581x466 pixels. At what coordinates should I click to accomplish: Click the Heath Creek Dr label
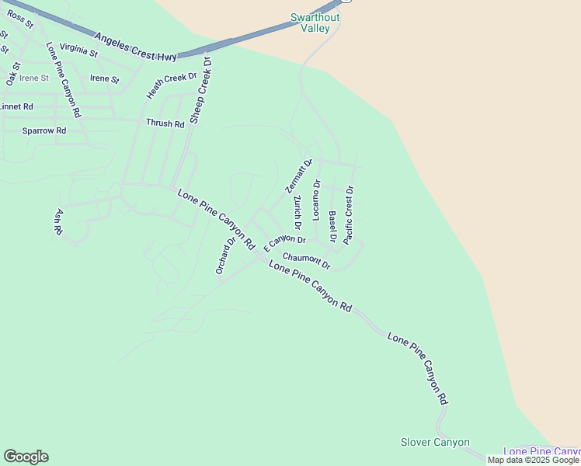(172, 85)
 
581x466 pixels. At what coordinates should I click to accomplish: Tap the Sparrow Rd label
(43, 130)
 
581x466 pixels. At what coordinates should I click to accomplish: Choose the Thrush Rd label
(165, 123)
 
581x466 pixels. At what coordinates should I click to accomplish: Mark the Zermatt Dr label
(298, 176)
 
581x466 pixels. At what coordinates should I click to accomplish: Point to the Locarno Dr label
(316, 198)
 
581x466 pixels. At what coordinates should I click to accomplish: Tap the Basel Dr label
(332, 227)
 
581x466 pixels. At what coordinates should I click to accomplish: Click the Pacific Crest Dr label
(349, 214)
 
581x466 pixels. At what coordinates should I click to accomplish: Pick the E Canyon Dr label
(284, 243)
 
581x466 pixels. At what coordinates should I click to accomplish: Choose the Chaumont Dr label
(307, 261)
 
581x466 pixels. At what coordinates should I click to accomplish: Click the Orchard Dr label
(225, 255)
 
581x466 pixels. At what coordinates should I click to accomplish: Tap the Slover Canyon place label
(435, 443)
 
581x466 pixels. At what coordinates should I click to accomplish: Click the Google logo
(26, 457)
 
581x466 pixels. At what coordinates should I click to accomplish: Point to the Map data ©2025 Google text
(533, 460)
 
